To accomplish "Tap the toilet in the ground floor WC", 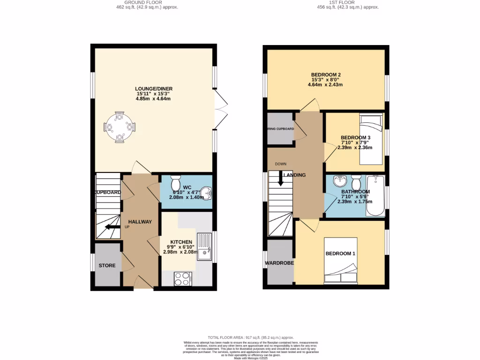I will point(176,182).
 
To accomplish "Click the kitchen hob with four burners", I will point(182,278).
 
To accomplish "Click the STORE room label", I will point(107,266).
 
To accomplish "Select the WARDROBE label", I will point(279,263).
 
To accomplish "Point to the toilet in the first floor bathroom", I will point(356,180).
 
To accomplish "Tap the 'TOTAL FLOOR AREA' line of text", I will point(251,337).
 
